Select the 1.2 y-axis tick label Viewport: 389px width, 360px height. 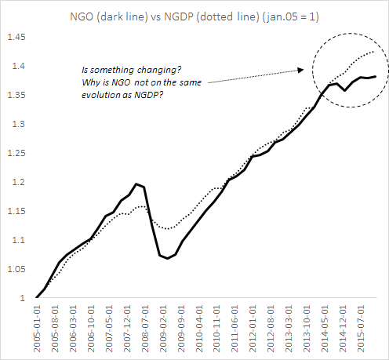(x=19, y=182)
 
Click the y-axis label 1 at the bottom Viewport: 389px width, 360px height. (x=24, y=298)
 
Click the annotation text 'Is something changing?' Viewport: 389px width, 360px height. (x=130, y=70)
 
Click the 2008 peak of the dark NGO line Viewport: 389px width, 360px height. (x=136, y=184)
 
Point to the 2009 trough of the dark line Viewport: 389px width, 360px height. (x=167, y=258)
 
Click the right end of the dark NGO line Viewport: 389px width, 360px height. (x=376, y=76)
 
